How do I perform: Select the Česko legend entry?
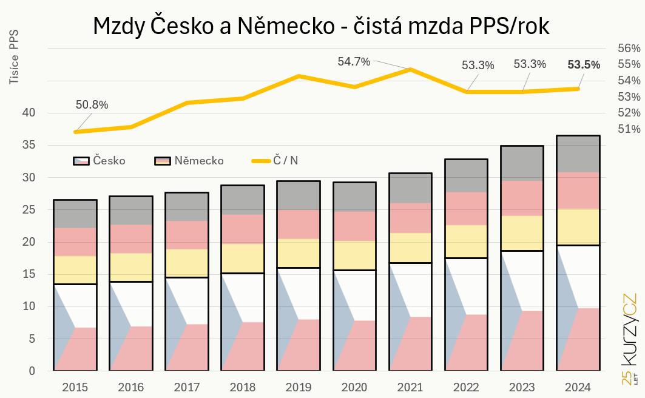tap(100, 161)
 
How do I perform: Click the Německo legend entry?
tap(189, 161)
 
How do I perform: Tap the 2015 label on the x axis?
tap(75, 386)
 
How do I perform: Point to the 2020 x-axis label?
tap(354, 386)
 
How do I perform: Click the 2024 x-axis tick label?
tap(578, 386)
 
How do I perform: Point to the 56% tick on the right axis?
tap(629, 48)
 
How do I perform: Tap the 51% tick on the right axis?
tap(629, 129)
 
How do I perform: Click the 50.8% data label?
tap(92, 104)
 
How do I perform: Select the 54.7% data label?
tap(354, 61)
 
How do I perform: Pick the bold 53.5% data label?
tap(583, 64)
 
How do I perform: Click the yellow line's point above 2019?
tap(299, 76)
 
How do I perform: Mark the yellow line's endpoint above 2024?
tap(578, 89)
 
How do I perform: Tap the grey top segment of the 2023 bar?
tap(522, 163)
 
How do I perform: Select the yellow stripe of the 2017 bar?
tap(186, 263)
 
